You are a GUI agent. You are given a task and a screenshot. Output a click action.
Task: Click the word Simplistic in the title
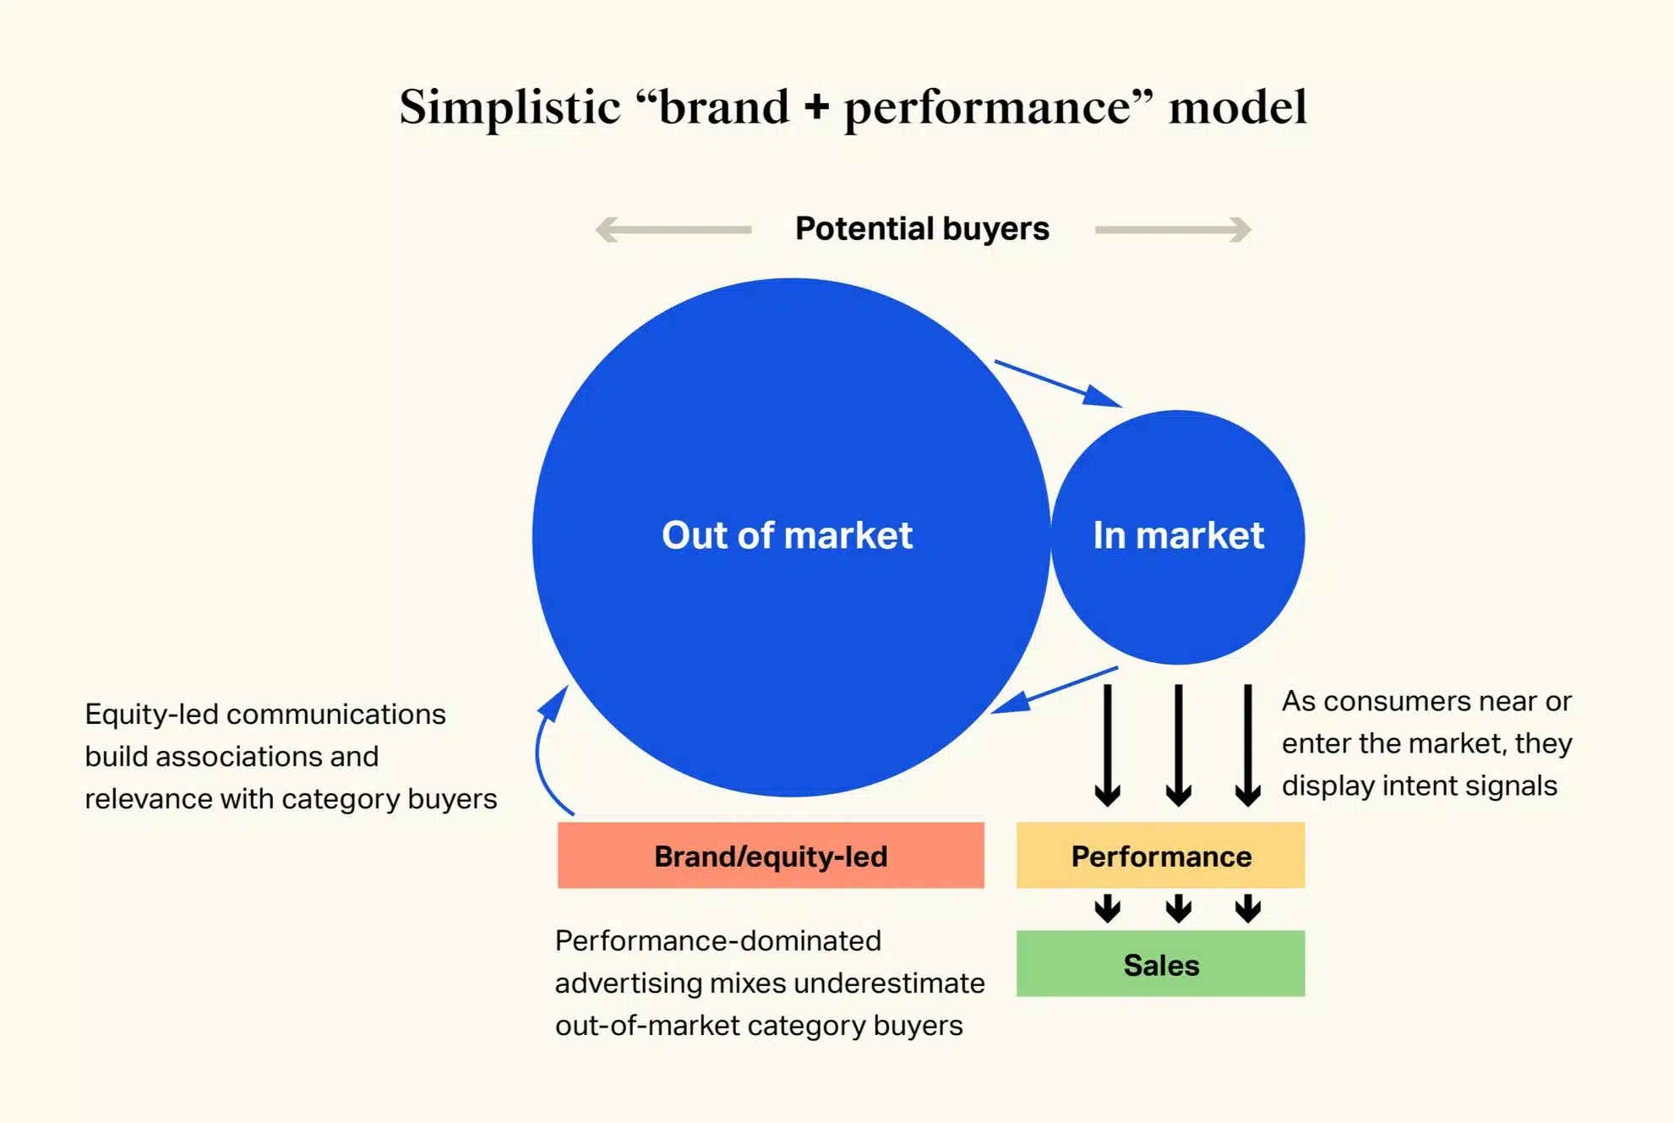(510, 107)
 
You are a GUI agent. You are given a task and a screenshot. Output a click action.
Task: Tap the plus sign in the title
(816, 107)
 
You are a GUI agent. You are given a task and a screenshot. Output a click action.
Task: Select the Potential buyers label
(922, 228)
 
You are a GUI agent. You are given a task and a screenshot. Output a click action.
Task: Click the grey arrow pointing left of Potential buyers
(673, 229)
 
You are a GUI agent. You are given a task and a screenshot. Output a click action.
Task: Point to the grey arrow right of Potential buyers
(1173, 229)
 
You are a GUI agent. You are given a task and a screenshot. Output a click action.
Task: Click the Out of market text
(787, 535)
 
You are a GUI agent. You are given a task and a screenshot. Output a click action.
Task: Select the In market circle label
(1178, 535)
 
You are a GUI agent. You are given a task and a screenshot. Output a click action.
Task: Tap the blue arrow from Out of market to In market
(1058, 384)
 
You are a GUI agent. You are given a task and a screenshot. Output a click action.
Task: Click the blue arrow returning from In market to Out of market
(1054, 690)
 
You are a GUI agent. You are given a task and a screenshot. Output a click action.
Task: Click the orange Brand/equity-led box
(771, 856)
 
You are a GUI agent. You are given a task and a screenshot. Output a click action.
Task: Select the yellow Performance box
(1160, 856)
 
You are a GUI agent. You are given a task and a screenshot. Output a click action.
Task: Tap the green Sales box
(1160, 965)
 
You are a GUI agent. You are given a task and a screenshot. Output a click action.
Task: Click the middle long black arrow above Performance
(1178, 744)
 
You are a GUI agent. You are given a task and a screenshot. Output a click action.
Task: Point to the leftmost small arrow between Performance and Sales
(1107, 908)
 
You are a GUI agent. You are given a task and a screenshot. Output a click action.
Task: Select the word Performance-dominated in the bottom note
(717, 941)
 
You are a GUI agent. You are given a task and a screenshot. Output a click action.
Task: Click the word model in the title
(1237, 107)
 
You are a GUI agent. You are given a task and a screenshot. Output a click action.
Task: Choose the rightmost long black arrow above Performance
(1247, 744)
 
